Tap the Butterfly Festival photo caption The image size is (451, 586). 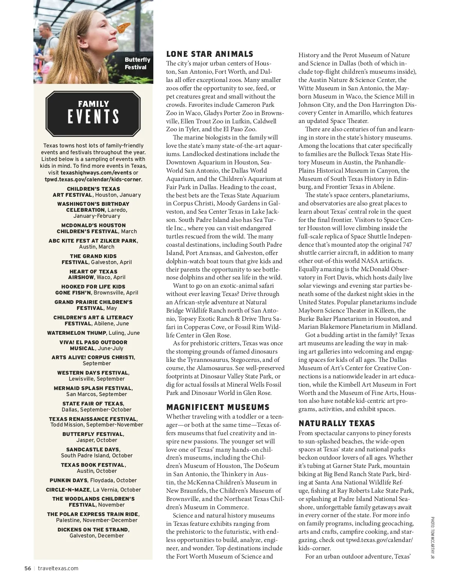point(137,63)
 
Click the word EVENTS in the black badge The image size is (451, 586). point(93,117)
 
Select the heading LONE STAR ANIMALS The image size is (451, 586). point(210,54)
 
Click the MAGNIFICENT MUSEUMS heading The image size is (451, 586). point(218,407)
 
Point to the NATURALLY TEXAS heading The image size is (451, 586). point(337,424)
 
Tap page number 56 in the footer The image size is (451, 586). point(27,568)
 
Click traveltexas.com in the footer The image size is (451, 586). point(58,568)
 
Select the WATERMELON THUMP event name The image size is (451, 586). point(77,333)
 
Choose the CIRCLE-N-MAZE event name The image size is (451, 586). point(68,490)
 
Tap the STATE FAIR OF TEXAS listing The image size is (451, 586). point(93,404)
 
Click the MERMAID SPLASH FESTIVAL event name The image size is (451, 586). point(93,388)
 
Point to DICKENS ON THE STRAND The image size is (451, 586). point(92,530)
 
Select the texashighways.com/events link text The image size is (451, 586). point(96,173)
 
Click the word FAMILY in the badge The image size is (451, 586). point(93,104)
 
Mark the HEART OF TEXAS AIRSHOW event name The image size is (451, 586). point(93,274)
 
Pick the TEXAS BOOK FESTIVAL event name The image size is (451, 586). point(92,465)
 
